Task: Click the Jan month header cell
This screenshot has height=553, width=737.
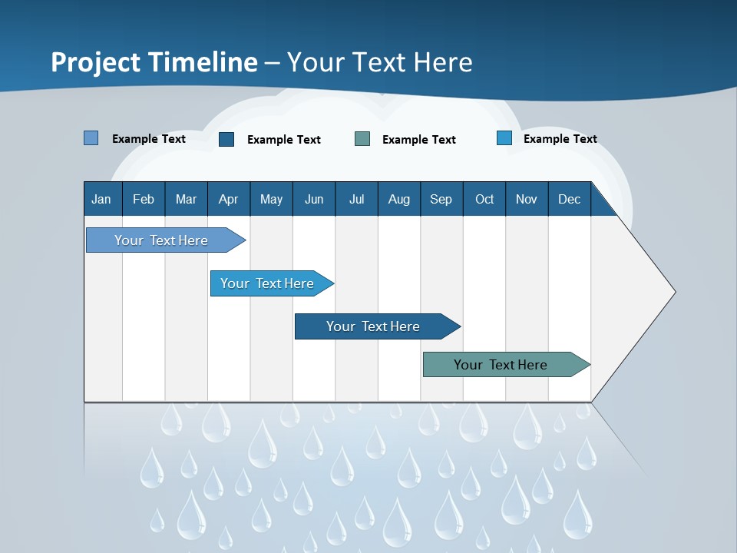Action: point(102,199)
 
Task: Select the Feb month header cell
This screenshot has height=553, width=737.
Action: point(144,199)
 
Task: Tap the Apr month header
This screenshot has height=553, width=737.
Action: point(229,199)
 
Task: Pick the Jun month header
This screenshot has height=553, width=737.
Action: point(314,199)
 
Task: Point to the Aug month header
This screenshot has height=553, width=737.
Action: point(399,199)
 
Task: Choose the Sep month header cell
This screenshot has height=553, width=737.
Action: point(441,199)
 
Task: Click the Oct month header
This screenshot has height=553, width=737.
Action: point(484,199)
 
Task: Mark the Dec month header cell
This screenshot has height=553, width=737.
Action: point(570,199)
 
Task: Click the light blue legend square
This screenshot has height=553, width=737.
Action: point(91,138)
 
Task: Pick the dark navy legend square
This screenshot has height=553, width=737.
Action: point(226,139)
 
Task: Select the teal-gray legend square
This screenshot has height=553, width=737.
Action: point(362,138)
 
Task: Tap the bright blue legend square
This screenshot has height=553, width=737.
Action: point(504,138)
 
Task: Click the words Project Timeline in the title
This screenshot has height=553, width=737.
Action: point(154,62)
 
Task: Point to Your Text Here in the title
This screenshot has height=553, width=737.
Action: point(380,62)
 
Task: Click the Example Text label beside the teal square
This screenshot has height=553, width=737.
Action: point(419,140)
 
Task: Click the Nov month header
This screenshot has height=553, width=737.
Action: point(527,199)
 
